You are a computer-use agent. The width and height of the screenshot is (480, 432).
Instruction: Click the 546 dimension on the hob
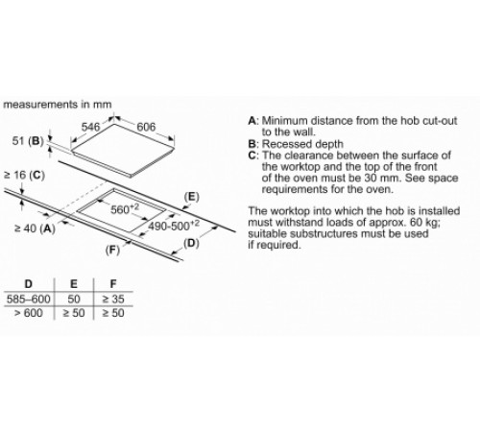[90, 127]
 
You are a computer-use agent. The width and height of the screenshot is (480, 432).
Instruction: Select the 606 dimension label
[146, 127]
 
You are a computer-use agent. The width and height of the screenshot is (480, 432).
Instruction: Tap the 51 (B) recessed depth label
[28, 141]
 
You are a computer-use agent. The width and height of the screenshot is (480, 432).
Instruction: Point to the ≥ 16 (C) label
[24, 175]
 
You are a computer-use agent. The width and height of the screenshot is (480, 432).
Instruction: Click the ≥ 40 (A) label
[35, 228]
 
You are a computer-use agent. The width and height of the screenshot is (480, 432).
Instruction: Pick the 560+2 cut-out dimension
[125, 209]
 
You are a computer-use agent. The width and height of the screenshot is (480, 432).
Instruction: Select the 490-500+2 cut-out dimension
[174, 226]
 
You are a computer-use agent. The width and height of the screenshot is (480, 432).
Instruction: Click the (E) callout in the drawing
[192, 197]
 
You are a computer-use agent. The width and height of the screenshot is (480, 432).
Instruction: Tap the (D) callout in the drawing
[191, 244]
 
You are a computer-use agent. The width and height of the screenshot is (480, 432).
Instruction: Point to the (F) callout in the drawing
[112, 250]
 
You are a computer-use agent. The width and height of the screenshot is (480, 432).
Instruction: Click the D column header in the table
[29, 284]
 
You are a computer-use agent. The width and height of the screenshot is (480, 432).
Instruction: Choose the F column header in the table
[113, 284]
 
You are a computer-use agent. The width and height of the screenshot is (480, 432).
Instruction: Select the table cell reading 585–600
[29, 300]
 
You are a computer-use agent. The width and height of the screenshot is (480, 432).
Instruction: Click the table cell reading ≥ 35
[113, 300]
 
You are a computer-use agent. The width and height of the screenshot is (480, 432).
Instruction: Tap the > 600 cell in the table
[29, 313]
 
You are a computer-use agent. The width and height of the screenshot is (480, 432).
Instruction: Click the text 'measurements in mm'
[58, 105]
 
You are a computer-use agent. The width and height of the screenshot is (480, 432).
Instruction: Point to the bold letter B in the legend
[252, 144]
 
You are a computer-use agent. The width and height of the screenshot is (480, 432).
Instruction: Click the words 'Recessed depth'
[302, 144]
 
